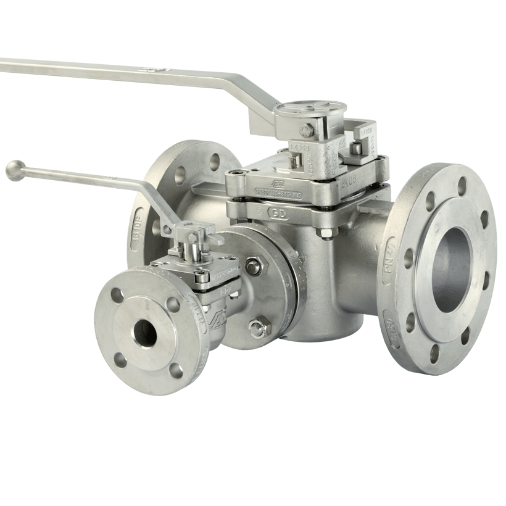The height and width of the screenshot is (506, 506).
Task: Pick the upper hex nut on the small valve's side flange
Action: point(253,267)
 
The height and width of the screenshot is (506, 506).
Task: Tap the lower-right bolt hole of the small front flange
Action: point(176,370)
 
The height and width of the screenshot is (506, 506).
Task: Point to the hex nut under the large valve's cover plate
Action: point(325,233)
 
